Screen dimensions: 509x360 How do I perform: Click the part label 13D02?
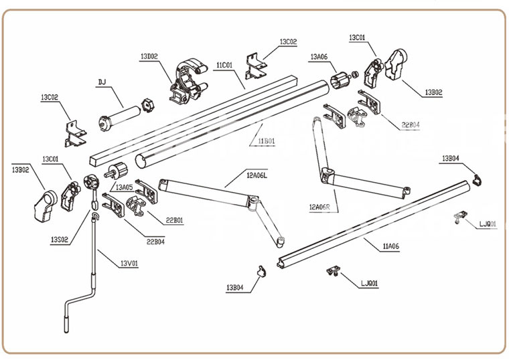[x=149, y=56]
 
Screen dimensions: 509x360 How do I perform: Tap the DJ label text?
[x=102, y=82]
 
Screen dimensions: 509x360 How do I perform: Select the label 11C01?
[x=224, y=65]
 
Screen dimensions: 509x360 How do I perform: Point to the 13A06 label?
[x=319, y=57]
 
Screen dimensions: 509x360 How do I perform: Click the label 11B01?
[x=267, y=141]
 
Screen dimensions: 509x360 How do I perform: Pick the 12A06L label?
[x=257, y=175]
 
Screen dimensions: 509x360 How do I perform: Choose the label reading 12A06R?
[x=319, y=207]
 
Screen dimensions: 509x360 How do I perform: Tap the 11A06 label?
[x=391, y=246]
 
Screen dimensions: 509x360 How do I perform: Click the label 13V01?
[x=129, y=264]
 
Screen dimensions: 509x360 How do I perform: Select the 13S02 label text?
[x=60, y=240]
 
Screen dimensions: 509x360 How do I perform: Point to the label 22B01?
[x=175, y=220]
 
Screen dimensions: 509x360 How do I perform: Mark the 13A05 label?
[x=125, y=187]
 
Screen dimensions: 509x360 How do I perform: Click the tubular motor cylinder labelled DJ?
[x=119, y=116]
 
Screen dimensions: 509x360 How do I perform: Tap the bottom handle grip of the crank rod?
[x=66, y=324]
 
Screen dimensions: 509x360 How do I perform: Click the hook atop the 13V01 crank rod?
[x=94, y=216]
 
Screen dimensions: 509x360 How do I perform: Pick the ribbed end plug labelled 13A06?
[x=340, y=80]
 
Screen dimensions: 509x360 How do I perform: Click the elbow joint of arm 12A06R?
[x=328, y=175]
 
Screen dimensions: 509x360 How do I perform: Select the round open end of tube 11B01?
[x=140, y=161]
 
